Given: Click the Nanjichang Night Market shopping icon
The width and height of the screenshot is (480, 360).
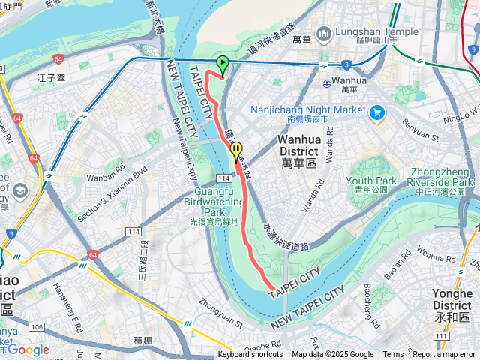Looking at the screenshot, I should pyautogui.click(x=376, y=112).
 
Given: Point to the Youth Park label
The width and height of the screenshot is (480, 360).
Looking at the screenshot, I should pyautogui.click(x=371, y=181).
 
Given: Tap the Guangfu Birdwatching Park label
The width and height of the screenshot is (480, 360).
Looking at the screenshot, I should pyautogui.click(x=214, y=202).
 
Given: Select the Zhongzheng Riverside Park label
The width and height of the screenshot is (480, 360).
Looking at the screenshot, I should pyautogui.click(x=439, y=182).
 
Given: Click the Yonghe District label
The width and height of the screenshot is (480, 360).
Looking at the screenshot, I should pyautogui.click(x=452, y=300).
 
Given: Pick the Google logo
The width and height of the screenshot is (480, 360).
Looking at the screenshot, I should pyautogui.click(x=28, y=349).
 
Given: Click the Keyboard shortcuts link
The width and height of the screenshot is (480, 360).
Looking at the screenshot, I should pyautogui.click(x=250, y=355).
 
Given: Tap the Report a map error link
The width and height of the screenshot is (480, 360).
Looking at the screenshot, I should pyautogui.click(x=445, y=355).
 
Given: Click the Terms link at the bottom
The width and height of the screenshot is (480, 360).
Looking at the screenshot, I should pyautogui.click(x=393, y=355).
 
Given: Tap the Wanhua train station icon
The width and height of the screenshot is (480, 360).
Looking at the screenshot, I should pyautogui.click(x=324, y=82).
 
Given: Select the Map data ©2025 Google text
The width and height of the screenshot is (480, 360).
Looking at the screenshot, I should pyautogui.click(x=332, y=355).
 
